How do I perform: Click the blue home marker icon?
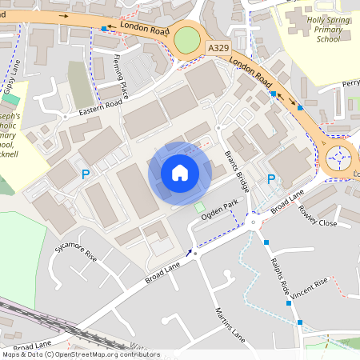click(180, 172)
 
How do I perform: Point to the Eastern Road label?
click(100, 110)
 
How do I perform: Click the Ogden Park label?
click(221, 211)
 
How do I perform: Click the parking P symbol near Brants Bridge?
click(271, 179)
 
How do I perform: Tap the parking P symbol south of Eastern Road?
click(86, 173)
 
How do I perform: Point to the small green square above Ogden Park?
click(199, 208)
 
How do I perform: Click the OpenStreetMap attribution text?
click(80, 354)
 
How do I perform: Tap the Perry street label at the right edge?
click(350, 83)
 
